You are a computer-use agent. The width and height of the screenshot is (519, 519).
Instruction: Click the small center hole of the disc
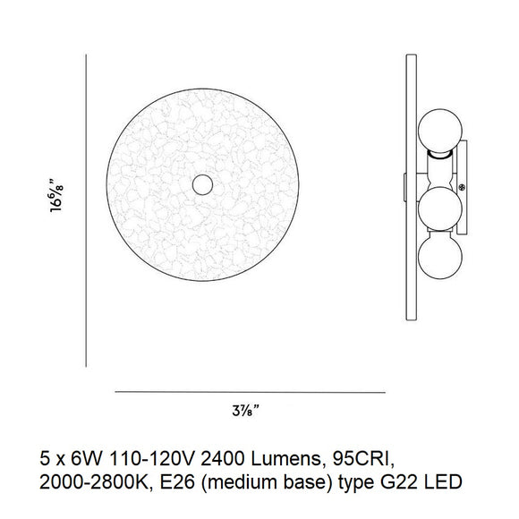[x=202, y=184]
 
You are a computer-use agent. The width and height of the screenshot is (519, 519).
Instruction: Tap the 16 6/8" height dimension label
[x=56, y=195]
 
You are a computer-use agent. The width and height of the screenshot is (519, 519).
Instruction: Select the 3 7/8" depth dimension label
[x=245, y=411]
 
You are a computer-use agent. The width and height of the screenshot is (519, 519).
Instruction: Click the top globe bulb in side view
[x=440, y=131]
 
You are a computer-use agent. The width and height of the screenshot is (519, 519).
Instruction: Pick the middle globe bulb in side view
[x=440, y=208]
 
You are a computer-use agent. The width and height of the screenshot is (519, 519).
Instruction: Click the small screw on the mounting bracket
[x=462, y=188]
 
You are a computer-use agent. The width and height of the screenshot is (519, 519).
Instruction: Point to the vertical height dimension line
[x=86, y=211]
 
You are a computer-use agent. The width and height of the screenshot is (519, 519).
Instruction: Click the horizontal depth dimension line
[x=251, y=392]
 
